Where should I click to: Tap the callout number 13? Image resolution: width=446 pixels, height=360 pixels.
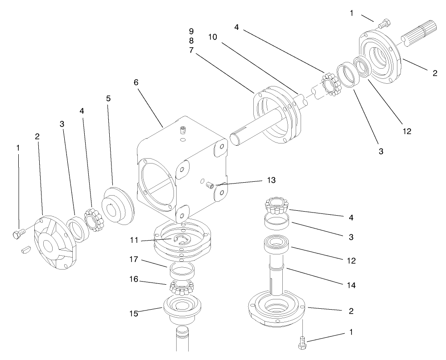click(x=271, y=180)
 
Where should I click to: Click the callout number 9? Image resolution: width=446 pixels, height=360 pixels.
click(x=191, y=31)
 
